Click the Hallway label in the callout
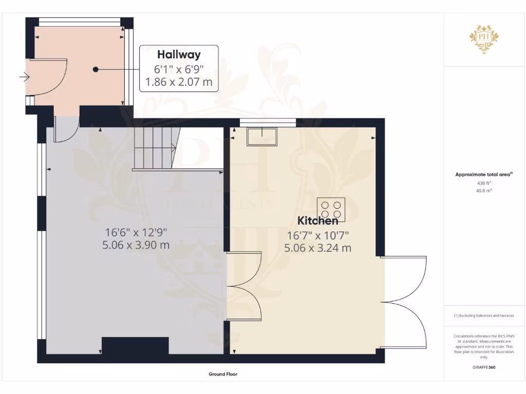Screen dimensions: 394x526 tap(179, 54)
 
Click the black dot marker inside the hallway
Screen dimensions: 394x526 tap(96, 69)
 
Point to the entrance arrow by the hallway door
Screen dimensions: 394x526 tap(24, 78)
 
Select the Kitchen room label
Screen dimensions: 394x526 tap(318, 221)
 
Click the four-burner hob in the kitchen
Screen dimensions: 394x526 tap(331, 209)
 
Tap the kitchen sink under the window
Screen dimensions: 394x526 tap(261, 136)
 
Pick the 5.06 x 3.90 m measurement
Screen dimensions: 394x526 tap(136, 245)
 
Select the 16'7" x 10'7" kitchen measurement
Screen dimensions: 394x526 tap(317, 235)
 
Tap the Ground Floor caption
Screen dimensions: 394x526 tap(223, 374)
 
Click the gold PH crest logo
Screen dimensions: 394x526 tap(484, 38)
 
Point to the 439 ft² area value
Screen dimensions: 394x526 tap(484, 183)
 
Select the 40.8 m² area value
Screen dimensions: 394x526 tap(484, 190)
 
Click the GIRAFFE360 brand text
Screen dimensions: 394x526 tap(484, 367)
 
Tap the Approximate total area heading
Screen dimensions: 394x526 tap(484, 174)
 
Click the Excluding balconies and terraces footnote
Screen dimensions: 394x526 tap(484, 316)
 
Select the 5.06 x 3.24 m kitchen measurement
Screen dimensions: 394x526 tap(317, 248)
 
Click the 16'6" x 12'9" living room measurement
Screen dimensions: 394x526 tap(136, 232)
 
